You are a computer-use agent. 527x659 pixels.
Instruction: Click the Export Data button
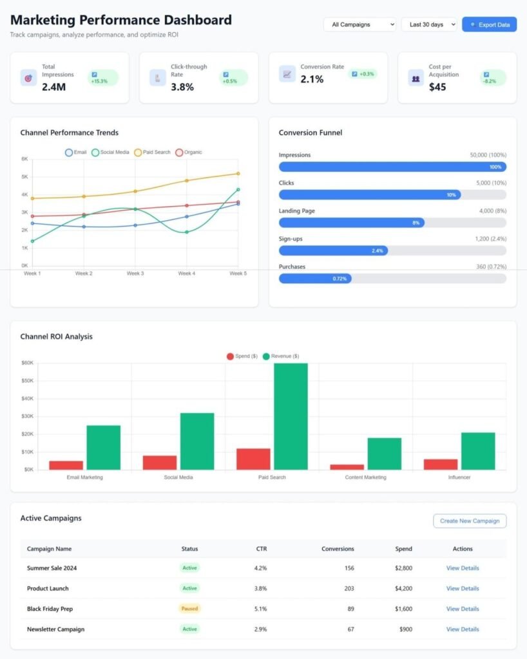(x=489, y=24)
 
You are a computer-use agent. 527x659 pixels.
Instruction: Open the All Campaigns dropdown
(x=359, y=24)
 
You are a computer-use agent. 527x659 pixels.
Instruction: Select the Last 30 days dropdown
(x=429, y=24)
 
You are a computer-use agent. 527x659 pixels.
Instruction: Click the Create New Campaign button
(x=470, y=521)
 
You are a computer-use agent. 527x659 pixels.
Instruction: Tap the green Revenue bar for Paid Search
(x=291, y=416)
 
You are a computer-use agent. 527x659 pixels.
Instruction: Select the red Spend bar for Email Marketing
(x=66, y=465)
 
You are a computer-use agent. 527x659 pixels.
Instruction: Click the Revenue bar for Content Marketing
(x=385, y=454)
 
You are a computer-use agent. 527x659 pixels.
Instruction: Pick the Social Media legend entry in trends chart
(x=110, y=152)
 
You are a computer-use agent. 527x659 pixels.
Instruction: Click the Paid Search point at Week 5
(x=238, y=174)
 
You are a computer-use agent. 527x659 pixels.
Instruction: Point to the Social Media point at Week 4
(x=187, y=232)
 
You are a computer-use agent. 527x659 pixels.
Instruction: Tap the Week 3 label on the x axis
(x=135, y=274)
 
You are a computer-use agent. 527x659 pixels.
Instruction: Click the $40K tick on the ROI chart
(x=27, y=398)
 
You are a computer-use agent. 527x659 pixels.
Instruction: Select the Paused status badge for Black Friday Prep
(x=189, y=609)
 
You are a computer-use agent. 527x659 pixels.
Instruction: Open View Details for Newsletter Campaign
(x=463, y=629)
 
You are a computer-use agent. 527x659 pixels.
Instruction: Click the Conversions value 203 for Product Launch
(x=349, y=588)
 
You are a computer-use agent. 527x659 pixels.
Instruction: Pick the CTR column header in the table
(x=262, y=549)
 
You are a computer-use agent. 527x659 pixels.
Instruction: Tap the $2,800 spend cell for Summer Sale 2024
(x=403, y=568)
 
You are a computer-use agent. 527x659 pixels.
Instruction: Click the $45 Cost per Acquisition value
(x=437, y=87)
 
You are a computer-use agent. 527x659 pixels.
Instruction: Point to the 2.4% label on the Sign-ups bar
(x=378, y=251)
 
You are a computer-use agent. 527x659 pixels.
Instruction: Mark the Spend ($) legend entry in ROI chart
(x=242, y=357)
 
